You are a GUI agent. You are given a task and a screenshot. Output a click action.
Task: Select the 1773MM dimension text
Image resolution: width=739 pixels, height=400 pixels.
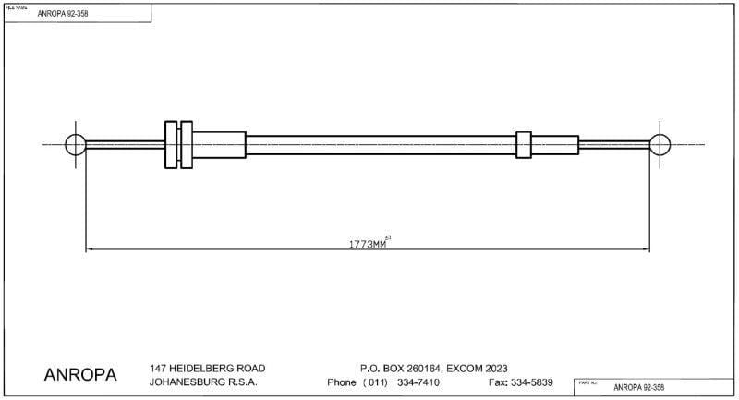368,245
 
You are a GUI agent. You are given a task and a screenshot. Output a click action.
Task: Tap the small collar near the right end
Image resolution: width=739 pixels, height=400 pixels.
524,145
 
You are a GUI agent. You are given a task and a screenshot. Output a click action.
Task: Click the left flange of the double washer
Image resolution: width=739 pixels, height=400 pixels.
170,145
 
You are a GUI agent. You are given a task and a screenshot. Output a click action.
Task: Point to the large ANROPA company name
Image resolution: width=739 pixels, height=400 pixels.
80,375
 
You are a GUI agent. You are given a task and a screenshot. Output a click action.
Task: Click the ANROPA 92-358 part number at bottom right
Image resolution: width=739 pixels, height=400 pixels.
638,388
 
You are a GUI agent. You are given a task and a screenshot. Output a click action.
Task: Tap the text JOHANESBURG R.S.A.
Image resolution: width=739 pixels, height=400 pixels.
203,382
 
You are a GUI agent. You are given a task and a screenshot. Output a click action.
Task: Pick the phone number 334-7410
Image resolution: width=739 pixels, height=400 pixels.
418,382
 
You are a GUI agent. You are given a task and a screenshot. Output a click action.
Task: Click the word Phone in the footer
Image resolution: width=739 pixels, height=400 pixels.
343,382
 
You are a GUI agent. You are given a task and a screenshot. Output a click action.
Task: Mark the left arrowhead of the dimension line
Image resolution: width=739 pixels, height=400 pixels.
89,249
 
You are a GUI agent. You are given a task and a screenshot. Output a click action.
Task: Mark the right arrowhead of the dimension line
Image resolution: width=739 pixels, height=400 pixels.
648,249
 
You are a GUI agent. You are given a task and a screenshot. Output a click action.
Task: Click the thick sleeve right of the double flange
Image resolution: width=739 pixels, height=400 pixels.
220,145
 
